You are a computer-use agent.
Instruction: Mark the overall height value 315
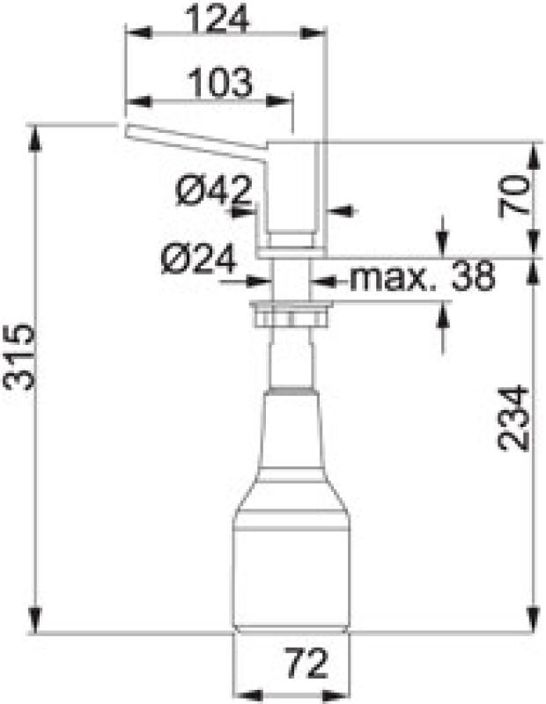coord(19,356)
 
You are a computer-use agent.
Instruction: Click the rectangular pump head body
coord(291,194)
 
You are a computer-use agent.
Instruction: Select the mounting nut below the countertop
coord(291,312)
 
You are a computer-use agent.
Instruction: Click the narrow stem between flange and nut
coord(291,280)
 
